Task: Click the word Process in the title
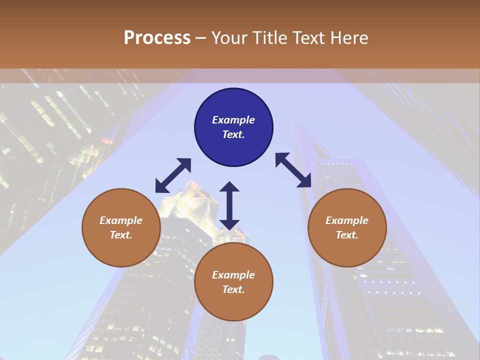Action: [x=157, y=38]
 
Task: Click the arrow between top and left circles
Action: [x=173, y=175]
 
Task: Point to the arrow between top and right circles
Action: [x=293, y=170]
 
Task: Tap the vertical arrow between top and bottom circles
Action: [x=229, y=205]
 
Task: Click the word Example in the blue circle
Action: [x=233, y=120]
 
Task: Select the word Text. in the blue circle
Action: [x=233, y=134]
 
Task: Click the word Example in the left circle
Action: [x=121, y=220]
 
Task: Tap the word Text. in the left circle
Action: [x=121, y=235]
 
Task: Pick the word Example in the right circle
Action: [x=347, y=220]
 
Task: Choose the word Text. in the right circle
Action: [x=347, y=235]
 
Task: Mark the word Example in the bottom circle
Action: [x=233, y=275]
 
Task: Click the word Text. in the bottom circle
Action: [x=233, y=289]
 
